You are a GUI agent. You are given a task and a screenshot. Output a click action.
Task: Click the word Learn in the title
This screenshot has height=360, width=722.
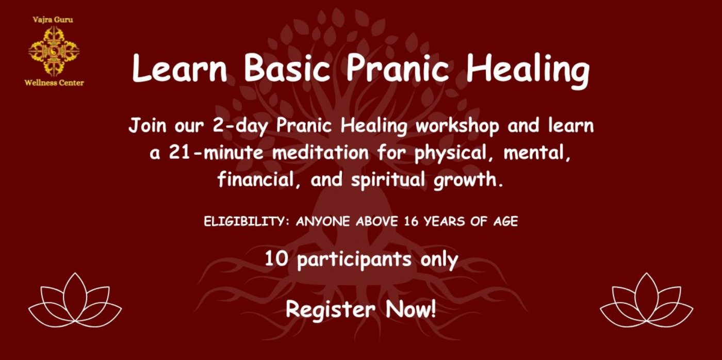pyautogui.click(x=180, y=68)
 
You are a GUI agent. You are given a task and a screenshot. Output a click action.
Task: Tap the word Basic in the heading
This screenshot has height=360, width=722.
pyautogui.click(x=287, y=68)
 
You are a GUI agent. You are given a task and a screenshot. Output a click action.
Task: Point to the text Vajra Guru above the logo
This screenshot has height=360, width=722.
pyautogui.click(x=53, y=20)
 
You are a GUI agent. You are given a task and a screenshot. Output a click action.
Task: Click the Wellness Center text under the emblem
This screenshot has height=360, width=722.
pyautogui.click(x=54, y=83)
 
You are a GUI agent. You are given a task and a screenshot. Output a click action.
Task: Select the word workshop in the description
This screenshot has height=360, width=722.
pyautogui.click(x=457, y=126)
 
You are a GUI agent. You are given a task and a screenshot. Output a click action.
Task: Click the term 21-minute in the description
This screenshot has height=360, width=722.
pyautogui.click(x=216, y=153)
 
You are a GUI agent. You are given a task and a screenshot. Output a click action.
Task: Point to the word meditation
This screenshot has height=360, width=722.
pyautogui.click(x=320, y=153)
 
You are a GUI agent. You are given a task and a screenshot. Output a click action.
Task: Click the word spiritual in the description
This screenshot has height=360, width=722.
pyautogui.click(x=388, y=180)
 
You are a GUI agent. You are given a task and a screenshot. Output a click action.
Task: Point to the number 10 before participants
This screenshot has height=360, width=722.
pyautogui.click(x=276, y=259)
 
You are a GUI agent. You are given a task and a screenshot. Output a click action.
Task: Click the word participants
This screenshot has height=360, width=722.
pyautogui.click(x=354, y=260)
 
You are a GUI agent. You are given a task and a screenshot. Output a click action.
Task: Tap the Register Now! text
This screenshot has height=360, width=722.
pyautogui.click(x=361, y=309)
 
